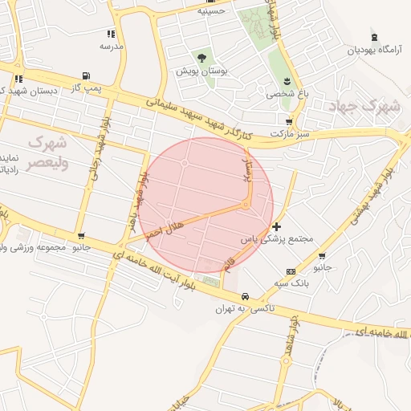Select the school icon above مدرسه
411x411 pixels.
click(111, 34)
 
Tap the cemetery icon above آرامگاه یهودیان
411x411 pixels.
click(374, 37)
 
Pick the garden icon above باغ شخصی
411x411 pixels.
click(287, 81)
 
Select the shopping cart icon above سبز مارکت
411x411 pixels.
click(289, 120)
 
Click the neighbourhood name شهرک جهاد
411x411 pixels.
click(369, 104)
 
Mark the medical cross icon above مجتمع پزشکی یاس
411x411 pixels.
click(277, 226)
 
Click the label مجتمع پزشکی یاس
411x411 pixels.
click(276, 239)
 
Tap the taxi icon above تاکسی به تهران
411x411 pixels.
click(245, 295)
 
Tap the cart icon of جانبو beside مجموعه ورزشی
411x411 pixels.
click(82, 236)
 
